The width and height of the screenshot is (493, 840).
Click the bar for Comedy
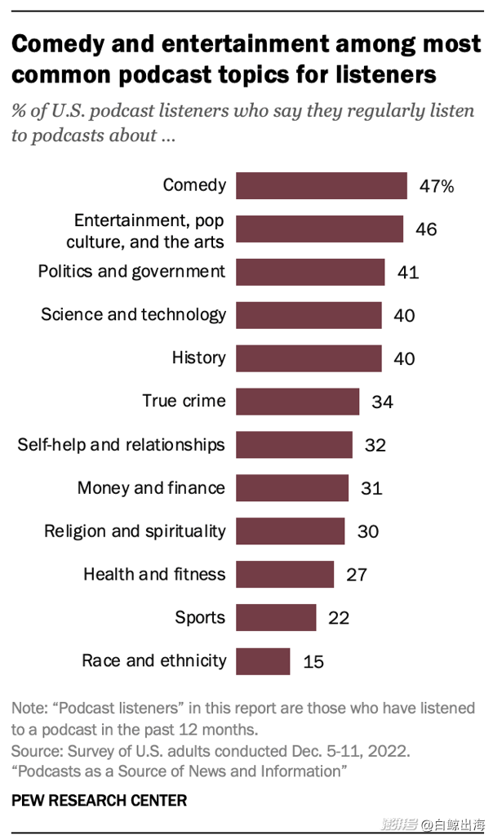[321, 186]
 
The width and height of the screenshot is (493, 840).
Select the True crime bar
[297, 402]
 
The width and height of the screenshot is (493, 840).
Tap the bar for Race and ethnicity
[263, 661]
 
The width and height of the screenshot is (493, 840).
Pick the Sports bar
[276, 618]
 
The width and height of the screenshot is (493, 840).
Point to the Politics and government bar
[310, 272]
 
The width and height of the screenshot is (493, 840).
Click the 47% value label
[437, 186]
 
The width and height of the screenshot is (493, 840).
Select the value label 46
[426, 229]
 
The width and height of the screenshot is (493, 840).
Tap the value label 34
[382, 402]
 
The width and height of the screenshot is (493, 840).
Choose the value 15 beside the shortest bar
[313, 661]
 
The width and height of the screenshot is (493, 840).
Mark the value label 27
[357, 575]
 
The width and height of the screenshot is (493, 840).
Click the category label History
[198, 358]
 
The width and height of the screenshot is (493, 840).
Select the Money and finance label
[151, 487]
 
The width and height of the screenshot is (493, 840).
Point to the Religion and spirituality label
[135, 531]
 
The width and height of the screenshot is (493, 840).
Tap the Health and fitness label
[154, 574]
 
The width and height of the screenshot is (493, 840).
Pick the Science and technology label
[133, 314]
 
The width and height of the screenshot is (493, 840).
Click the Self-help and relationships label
[121, 444]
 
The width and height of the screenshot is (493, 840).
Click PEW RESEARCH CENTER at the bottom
[100, 801]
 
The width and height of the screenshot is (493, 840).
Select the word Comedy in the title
[64, 44]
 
